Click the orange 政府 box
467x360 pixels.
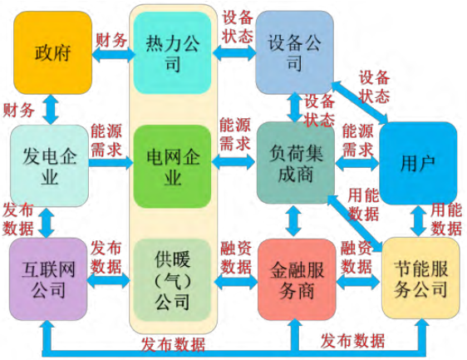(52, 52)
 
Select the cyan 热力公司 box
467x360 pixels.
(173, 53)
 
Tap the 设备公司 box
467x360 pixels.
(294, 52)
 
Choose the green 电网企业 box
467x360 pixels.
(173, 166)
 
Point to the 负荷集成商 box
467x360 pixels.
(296, 163)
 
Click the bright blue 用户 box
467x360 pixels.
(418, 163)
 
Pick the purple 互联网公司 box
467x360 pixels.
(48, 279)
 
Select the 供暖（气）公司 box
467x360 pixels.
(173, 280)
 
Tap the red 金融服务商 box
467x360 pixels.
(297, 279)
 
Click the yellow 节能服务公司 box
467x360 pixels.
(420, 279)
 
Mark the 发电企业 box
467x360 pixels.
(49, 165)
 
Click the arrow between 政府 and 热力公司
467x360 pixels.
(112, 55)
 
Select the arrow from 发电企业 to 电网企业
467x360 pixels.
(111, 163)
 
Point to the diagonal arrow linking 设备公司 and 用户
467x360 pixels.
(360, 102)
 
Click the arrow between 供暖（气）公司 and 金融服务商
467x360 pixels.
(235, 282)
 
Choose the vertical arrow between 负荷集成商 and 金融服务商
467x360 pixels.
(293, 221)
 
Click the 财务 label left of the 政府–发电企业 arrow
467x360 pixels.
(19, 111)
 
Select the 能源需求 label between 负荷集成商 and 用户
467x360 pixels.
(357, 141)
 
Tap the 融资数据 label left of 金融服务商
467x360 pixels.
(236, 258)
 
